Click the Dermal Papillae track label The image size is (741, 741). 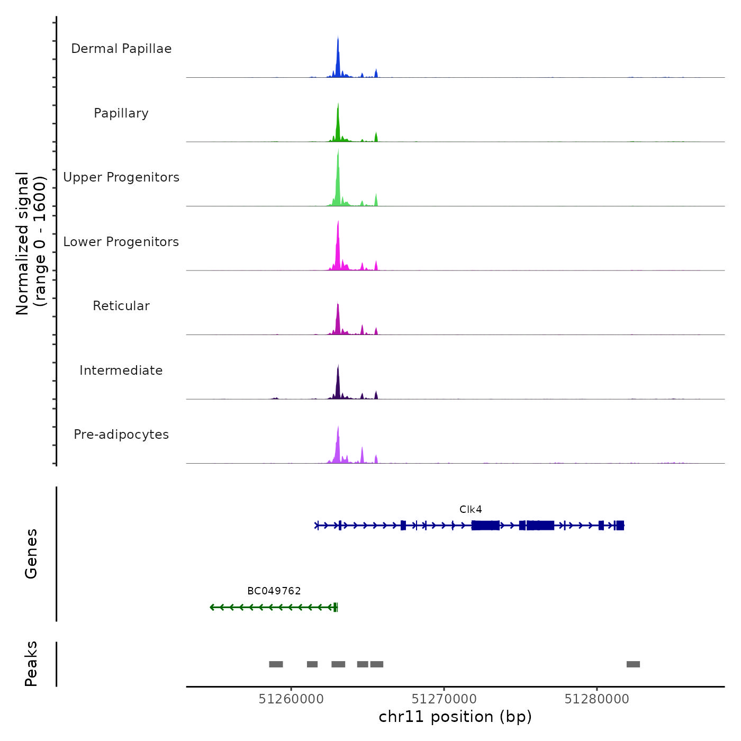click(121, 49)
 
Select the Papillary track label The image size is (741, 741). click(121, 113)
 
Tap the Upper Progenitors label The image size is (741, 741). click(121, 177)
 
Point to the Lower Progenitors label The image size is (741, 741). click(121, 242)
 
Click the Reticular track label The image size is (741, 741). click(121, 306)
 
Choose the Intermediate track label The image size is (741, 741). click(121, 370)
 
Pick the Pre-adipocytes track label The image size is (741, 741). click(121, 435)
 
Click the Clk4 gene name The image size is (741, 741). click(471, 510)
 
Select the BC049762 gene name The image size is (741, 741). click(274, 591)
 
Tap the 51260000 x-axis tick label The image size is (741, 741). click(291, 699)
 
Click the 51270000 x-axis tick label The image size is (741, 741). click(444, 699)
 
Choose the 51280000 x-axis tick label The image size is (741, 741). click(597, 699)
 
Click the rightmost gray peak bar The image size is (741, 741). click(633, 664)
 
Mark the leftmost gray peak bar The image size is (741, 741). click(276, 664)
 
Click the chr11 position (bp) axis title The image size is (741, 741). click(455, 717)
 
